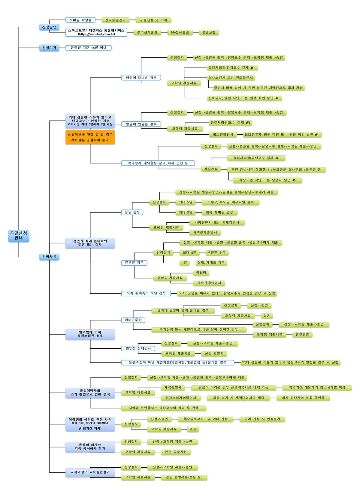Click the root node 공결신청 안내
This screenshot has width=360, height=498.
pos(18,235)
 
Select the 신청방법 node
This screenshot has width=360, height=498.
pos(49,27)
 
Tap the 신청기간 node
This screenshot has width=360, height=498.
pos(49,47)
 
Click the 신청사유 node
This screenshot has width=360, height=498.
pos(49,257)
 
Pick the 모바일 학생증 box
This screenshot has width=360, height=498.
pos(80,20)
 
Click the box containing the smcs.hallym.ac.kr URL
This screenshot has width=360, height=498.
pos(96,32)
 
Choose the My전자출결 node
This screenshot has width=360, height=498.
pos(180,32)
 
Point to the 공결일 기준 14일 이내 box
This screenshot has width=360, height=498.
pos(88,47)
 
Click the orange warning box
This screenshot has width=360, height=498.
pos(90,137)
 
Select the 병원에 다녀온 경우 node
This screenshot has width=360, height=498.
pos(141,78)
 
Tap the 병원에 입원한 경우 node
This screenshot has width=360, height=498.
pos(141,124)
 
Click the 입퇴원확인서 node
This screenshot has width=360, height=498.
pos(223,134)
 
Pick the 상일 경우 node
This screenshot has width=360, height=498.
pos(132,212)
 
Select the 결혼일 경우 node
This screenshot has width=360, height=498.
pos(134,262)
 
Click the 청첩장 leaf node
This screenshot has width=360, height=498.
pos(201,273)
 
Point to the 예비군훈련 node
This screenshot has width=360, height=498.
pos(133,320)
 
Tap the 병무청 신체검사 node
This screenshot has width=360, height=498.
pos(138,348)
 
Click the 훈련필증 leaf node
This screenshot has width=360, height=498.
pos(302,334)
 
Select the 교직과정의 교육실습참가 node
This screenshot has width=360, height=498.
pos(90,472)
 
